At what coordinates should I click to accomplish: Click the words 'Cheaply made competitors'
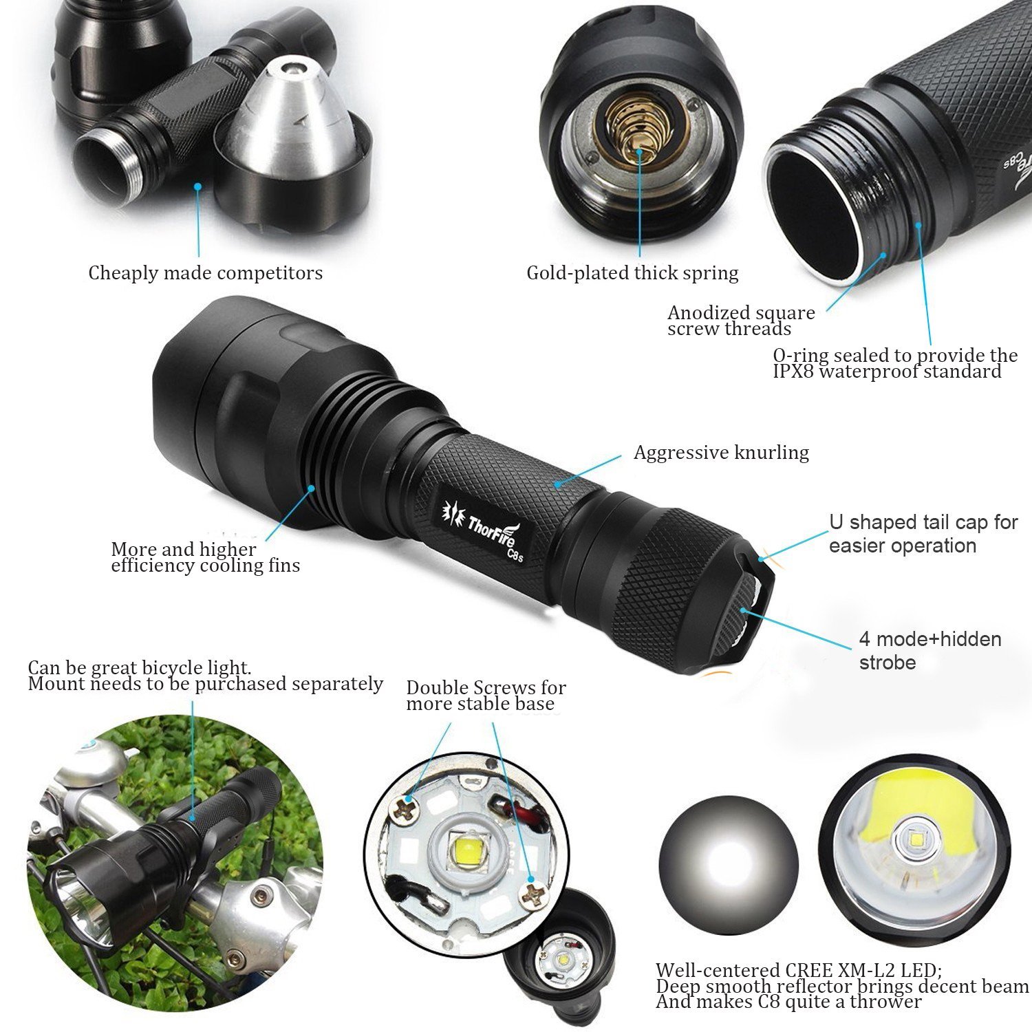(205, 273)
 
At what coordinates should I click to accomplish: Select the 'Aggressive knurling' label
(721, 453)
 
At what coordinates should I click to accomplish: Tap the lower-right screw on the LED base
(533, 896)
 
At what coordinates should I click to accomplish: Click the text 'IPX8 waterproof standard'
(888, 372)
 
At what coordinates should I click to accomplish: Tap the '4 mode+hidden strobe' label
(930, 651)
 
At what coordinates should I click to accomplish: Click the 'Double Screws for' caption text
(486, 687)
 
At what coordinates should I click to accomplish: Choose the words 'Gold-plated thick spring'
(632, 273)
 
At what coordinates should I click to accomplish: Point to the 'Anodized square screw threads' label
(742, 321)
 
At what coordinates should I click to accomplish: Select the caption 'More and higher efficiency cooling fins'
(206, 557)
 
